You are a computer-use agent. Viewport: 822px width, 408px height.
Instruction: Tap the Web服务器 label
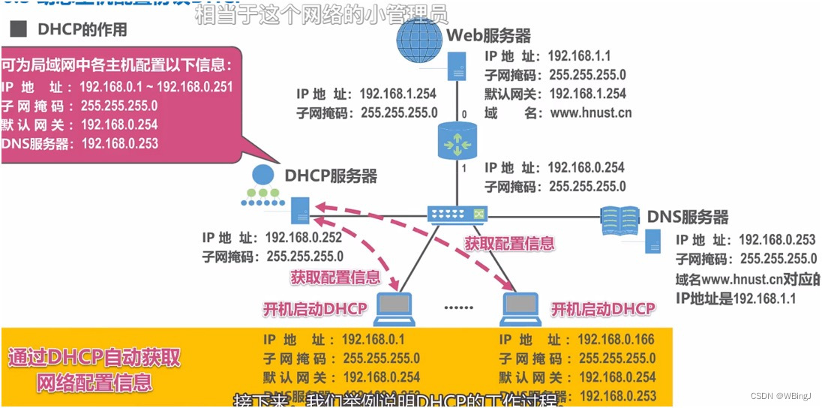coord(489,36)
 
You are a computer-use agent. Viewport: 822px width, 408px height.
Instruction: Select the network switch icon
coord(457,215)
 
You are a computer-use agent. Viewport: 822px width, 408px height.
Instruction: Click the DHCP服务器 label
coord(331,176)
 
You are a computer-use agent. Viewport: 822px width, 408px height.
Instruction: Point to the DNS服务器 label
coord(687,217)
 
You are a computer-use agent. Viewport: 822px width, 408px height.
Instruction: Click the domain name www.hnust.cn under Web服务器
coord(591,113)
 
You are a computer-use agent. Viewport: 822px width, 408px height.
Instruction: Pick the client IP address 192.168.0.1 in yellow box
coord(373,340)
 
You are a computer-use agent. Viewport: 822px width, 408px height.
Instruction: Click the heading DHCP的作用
coord(82,30)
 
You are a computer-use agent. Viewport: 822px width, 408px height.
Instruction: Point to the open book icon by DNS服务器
coord(622,217)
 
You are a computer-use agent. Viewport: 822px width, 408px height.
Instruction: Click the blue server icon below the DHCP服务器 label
coord(301,211)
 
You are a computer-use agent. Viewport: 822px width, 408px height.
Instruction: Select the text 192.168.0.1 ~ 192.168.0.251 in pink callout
coord(156,87)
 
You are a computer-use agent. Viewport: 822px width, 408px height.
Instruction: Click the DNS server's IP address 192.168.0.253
coord(777,240)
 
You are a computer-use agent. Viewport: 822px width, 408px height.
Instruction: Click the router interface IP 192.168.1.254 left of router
coord(398,94)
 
